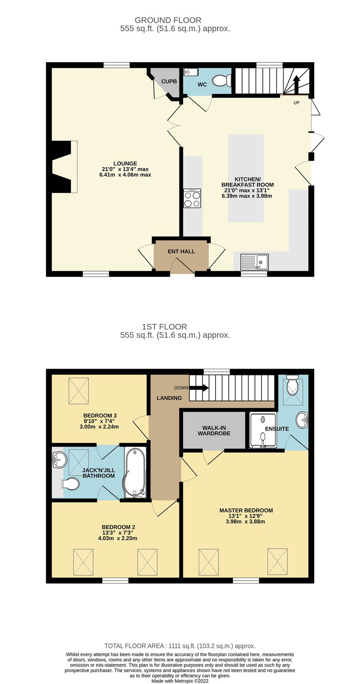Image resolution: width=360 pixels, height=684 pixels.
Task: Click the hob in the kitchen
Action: (192, 198)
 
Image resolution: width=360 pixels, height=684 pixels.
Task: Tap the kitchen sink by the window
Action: (254, 262)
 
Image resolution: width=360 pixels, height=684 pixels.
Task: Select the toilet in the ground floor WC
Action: (221, 81)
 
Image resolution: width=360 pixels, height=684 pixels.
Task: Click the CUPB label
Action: (169, 81)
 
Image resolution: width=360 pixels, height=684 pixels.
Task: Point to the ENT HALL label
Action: (181, 251)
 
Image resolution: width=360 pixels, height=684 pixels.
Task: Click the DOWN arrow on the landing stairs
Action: (199, 388)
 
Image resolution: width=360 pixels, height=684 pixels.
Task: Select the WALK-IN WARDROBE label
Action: (214, 430)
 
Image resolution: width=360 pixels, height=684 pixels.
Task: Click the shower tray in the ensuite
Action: (263, 430)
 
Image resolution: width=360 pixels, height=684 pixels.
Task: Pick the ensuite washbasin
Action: (303, 420)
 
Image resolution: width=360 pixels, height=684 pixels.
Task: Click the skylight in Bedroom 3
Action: (79, 391)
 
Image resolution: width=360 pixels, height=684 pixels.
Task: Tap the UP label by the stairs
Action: (296, 103)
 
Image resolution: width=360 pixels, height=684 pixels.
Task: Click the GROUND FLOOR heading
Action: (168, 20)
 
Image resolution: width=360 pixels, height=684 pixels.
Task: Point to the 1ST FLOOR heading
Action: (164, 326)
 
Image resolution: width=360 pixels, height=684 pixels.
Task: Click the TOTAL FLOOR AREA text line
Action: (180, 646)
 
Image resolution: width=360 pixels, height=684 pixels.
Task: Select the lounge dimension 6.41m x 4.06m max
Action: (125, 175)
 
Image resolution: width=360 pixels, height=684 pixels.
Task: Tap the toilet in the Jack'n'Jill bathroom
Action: (71, 484)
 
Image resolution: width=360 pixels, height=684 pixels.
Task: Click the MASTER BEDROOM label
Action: (246, 510)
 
